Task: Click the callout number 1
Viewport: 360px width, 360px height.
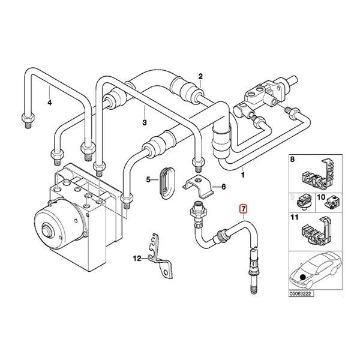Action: (x=243, y=175)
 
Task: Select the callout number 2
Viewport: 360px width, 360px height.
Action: (x=200, y=76)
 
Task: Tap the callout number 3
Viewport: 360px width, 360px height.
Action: (x=145, y=123)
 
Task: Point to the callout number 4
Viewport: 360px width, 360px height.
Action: (x=50, y=103)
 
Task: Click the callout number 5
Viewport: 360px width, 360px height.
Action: (x=148, y=179)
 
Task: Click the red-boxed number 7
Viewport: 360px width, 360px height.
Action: (x=243, y=209)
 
